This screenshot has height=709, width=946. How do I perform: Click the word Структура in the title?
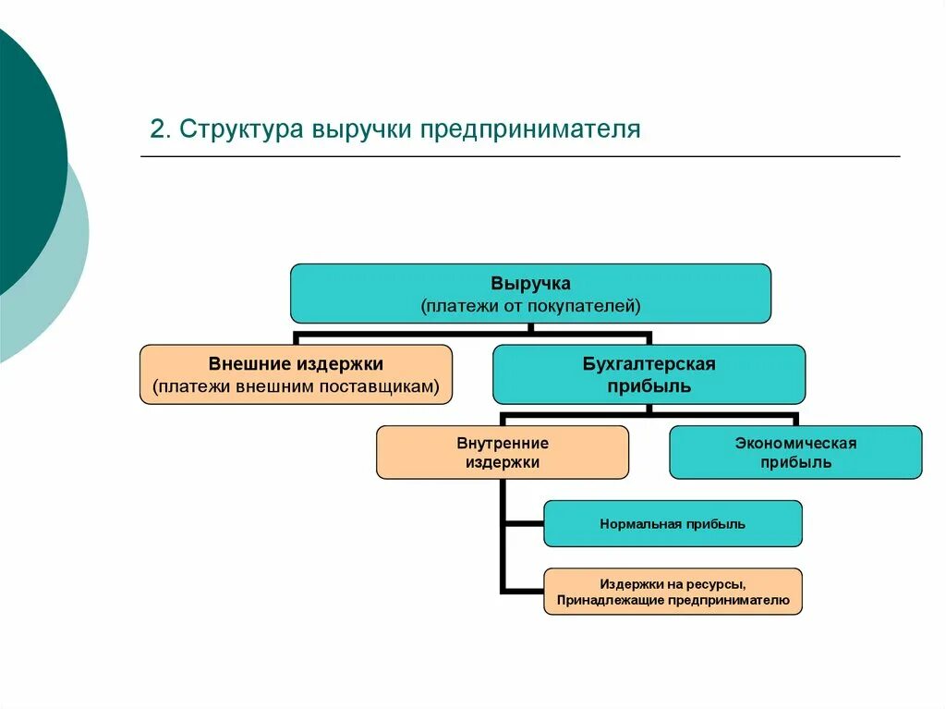coord(242,128)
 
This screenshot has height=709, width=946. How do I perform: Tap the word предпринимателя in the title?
coord(530,128)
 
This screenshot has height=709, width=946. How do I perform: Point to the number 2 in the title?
coord(156,128)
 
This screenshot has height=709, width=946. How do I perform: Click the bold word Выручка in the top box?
coord(530,283)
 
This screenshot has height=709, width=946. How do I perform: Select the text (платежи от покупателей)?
coord(530,304)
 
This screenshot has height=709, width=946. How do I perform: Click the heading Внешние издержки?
coord(296,364)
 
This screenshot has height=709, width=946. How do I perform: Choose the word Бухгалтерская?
coord(649,364)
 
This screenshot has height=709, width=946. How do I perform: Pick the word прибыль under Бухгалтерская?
coord(649,386)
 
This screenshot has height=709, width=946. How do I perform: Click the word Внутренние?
coord(503,443)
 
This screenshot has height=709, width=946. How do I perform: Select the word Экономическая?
coord(795,443)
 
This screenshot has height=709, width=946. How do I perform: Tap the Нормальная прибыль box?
coord(672,524)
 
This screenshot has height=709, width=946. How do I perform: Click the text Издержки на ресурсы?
coord(672,584)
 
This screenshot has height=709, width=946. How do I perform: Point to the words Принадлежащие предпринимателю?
coord(672,601)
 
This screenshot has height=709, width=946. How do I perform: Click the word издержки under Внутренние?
coord(503,462)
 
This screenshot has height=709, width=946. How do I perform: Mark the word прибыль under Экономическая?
coord(795,462)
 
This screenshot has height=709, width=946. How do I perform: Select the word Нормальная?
coord(640,524)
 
